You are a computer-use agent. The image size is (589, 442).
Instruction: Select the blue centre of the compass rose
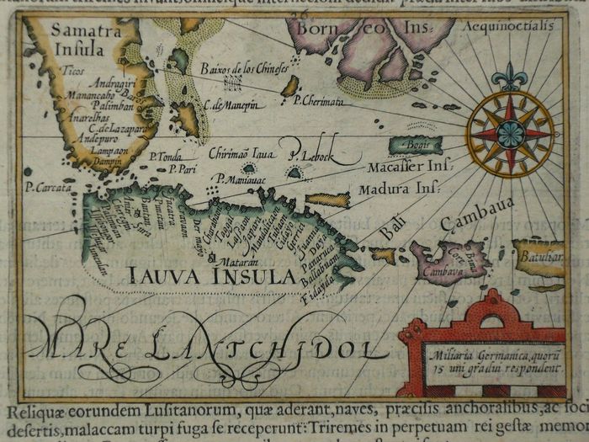512,133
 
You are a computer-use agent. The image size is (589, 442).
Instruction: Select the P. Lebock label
311,154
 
